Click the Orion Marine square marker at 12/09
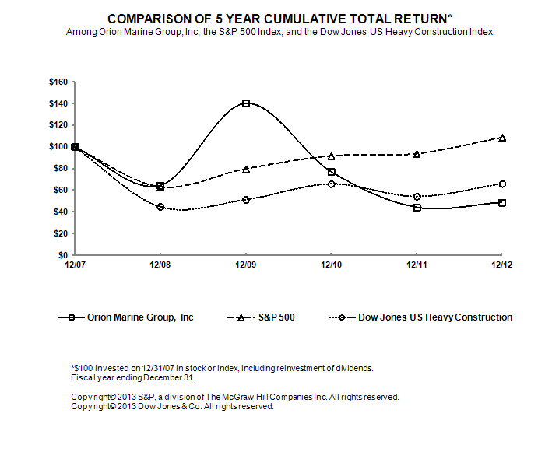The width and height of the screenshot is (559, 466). click(246, 103)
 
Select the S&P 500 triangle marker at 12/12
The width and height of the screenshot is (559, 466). click(502, 138)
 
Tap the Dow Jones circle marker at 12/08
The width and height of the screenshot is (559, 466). click(160, 207)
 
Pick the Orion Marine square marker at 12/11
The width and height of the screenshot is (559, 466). click(417, 208)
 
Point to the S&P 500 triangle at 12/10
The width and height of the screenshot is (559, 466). click(332, 156)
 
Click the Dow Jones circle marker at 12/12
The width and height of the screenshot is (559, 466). click(502, 184)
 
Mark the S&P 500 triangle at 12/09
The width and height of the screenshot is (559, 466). click(246, 170)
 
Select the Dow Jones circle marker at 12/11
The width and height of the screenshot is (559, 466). click(417, 197)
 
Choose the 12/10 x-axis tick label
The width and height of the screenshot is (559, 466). click(332, 265)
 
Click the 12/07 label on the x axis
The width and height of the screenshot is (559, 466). click(75, 265)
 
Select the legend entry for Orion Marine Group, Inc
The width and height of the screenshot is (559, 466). click(126, 317)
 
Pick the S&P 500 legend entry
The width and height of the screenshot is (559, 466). click(261, 317)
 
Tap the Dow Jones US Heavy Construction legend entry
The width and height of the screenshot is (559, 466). click(420, 317)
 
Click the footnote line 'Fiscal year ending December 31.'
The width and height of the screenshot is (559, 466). click(132, 377)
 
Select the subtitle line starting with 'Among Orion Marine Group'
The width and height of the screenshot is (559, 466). click(279, 32)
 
